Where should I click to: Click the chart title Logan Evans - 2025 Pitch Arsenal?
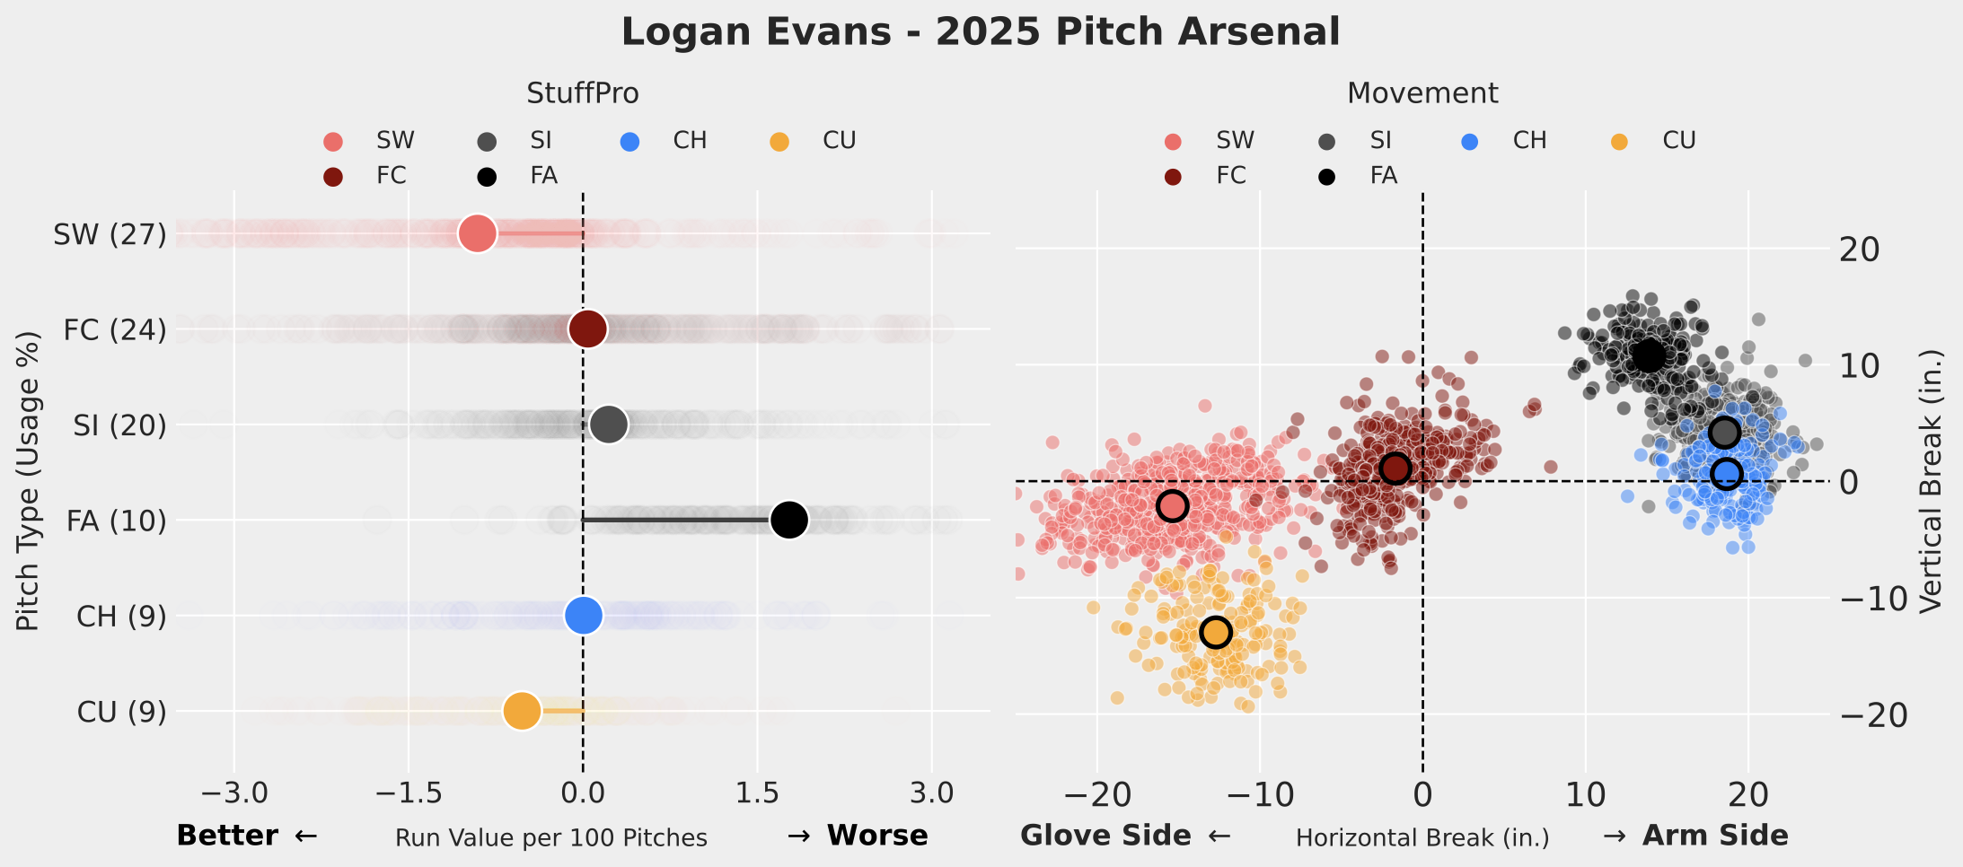pyautogui.click(x=981, y=32)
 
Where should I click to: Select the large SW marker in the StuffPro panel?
pyautogui.click(x=477, y=233)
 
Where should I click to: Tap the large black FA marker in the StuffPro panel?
pyautogui.click(x=788, y=520)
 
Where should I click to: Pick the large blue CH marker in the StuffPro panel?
pyautogui.click(x=584, y=616)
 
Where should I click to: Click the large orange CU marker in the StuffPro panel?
pyautogui.click(x=522, y=711)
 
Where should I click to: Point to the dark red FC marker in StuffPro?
pyautogui.click(x=587, y=328)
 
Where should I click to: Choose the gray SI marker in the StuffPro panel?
pyautogui.click(x=609, y=425)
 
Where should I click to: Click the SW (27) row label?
pyautogui.click(x=110, y=234)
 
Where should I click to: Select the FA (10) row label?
pyautogui.click(x=116, y=521)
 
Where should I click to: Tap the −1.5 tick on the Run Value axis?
pyautogui.click(x=409, y=793)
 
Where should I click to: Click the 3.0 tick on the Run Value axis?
pyautogui.click(x=931, y=793)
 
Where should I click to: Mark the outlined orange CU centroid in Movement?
pyautogui.click(x=1215, y=632)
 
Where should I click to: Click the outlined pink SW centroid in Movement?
pyautogui.click(x=1172, y=506)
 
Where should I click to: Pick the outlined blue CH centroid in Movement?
pyautogui.click(x=1726, y=473)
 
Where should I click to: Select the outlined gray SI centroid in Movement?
pyautogui.click(x=1724, y=433)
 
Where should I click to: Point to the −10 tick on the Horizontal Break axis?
pyautogui.click(x=1259, y=795)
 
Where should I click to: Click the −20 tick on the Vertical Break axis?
pyautogui.click(x=1873, y=715)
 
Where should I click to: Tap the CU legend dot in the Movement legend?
pyautogui.click(x=1619, y=142)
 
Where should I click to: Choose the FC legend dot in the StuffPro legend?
pyautogui.click(x=333, y=177)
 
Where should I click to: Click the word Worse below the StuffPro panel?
pyautogui.click(x=876, y=836)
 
